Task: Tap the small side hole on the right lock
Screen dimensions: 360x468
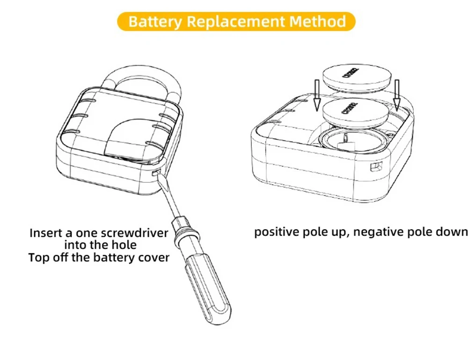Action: click(375, 167)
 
